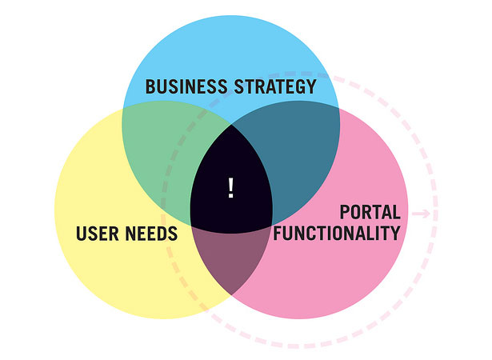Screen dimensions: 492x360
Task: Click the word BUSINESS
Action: (x=186, y=86)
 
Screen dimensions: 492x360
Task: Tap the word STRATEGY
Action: (x=275, y=86)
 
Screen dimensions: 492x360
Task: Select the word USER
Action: (x=98, y=234)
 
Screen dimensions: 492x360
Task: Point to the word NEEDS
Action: (x=151, y=234)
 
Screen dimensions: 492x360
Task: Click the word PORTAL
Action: (x=370, y=212)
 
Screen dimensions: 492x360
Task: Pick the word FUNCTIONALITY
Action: (x=337, y=233)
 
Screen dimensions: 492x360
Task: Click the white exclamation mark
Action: (x=231, y=188)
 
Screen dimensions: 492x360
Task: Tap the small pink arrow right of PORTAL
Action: (x=421, y=214)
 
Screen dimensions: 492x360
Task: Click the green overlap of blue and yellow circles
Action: (x=163, y=150)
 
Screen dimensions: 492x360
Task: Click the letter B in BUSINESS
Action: (x=150, y=86)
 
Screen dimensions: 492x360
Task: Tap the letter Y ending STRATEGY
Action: (x=311, y=86)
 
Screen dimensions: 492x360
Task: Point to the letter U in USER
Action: (x=81, y=234)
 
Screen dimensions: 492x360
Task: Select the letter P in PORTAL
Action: (x=345, y=212)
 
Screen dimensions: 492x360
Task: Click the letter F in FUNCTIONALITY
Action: (x=278, y=233)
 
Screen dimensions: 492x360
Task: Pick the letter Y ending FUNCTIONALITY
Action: (x=395, y=233)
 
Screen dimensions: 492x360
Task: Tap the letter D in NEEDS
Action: (x=162, y=234)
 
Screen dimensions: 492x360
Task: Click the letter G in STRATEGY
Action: (x=300, y=86)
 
